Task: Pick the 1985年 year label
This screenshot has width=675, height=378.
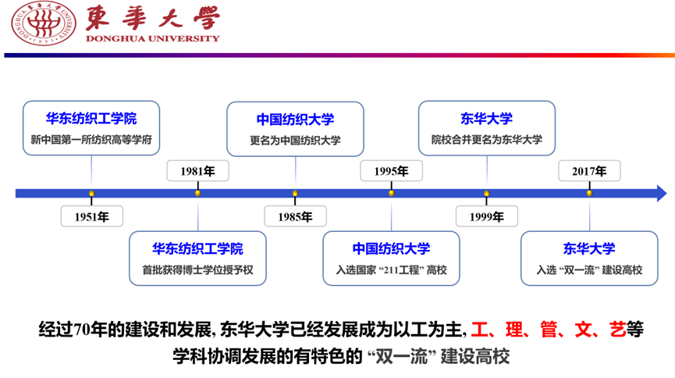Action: (x=294, y=216)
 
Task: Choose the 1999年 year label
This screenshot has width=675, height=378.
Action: (x=486, y=216)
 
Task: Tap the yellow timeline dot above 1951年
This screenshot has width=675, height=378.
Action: (x=91, y=193)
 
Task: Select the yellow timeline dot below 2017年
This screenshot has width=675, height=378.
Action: (x=589, y=193)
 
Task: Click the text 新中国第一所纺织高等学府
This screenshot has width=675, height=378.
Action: (x=91, y=141)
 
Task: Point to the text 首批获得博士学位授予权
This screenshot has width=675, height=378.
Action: (x=197, y=270)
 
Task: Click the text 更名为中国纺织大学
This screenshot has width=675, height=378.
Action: (x=295, y=141)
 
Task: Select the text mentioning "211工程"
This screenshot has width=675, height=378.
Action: (x=391, y=270)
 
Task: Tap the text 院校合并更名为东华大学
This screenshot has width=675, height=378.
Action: (x=486, y=141)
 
